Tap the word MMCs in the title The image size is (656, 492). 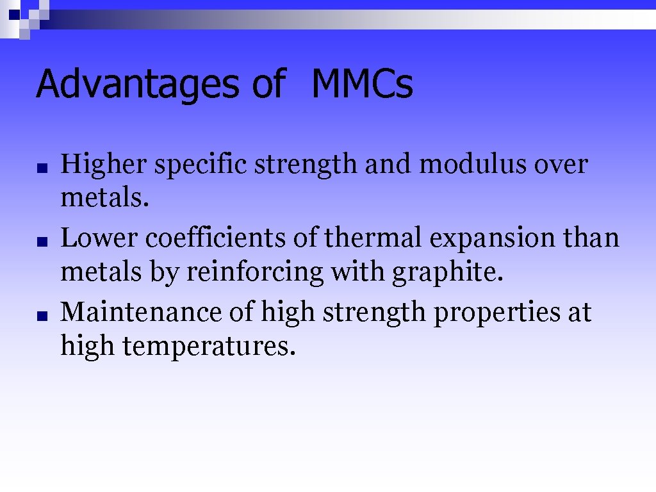click(362, 84)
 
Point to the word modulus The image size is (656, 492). click(471, 165)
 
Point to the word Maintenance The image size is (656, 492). click(140, 313)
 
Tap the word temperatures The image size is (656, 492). click(209, 347)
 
